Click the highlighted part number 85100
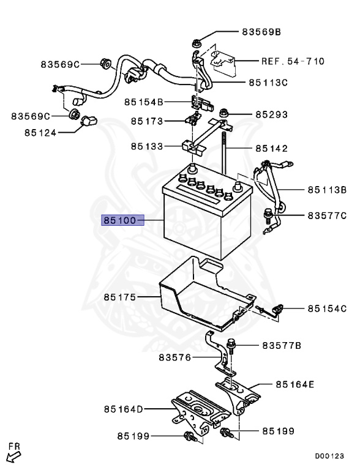(x=122, y=219)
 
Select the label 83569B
(x=261, y=31)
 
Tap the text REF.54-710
(x=293, y=61)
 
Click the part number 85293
(x=271, y=114)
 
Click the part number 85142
(x=271, y=148)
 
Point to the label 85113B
(x=327, y=190)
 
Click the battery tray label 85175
(x=119, y=297)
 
